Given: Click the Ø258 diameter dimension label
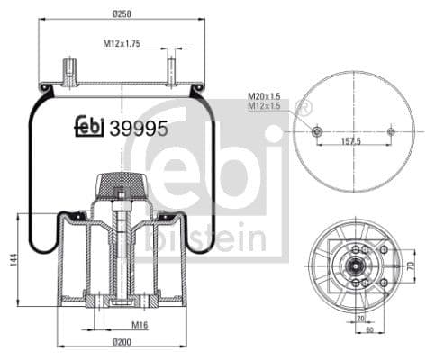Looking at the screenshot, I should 122,13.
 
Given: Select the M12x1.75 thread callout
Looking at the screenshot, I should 122,42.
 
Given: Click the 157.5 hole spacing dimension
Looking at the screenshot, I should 352,141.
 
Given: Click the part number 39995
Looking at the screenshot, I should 137,128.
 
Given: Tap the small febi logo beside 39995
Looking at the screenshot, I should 89,127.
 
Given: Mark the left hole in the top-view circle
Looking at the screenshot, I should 315,131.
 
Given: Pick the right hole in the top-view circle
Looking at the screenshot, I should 390,131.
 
